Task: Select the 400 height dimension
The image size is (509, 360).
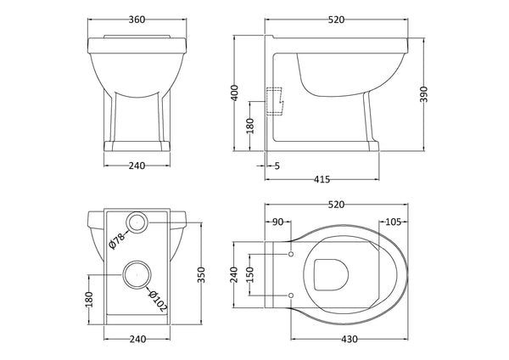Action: click(x=242, y=90)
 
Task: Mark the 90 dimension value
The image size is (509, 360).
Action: click(x=277, y=222)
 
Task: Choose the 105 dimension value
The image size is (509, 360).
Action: click(x=392, y=222)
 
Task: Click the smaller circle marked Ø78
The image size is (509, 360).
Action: click(x=137, y=223)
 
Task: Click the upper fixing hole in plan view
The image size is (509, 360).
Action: click(x=291, y=254)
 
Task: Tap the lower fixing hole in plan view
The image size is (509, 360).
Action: click(x=291, y=294)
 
